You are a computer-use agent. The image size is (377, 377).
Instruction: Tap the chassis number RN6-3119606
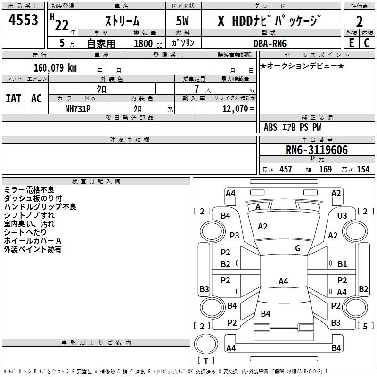tap(317, 150)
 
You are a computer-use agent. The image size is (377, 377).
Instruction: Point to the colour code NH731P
tap(78, 108)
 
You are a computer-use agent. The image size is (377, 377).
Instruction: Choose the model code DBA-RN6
tap(270, 43)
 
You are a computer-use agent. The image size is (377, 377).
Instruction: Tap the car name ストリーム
tap(122, 21)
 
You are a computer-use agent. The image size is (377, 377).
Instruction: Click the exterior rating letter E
tap(351, 42)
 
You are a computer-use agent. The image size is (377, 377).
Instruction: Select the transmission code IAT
tap(13, 98)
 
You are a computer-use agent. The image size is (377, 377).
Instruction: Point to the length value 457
tap(286, 169)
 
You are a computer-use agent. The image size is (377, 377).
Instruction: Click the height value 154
tap(363, 169)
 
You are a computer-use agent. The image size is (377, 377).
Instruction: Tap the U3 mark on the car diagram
tap(342, 215)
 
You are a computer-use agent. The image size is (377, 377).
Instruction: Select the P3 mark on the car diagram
tap(234, 235)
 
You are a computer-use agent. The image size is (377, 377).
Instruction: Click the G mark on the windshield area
tap(298, 248)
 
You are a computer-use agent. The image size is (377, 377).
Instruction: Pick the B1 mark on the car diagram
tap(342, 264)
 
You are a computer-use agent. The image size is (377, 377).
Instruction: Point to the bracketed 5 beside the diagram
tap(364, 326)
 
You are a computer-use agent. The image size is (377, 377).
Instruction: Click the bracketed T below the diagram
tap(206, 361)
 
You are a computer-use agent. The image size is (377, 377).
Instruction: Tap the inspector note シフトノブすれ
tap(29, 215)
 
